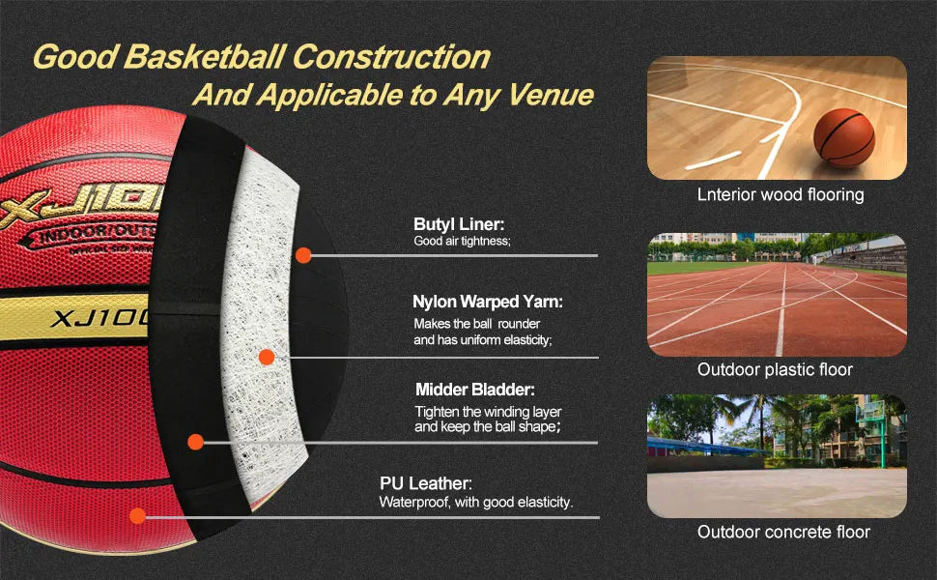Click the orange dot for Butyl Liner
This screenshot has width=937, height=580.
coord(303,255)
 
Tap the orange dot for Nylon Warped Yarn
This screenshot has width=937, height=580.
coord(267,357)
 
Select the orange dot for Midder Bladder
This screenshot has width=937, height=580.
coord(195,443)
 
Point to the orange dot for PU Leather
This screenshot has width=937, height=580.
coord(137,516)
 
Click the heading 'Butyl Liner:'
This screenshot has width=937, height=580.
coord(459,223)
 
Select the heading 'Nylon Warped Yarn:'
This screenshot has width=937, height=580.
coord(488,302)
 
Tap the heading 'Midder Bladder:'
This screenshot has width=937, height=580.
coord(475,390)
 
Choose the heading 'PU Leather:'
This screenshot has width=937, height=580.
coord(426,483)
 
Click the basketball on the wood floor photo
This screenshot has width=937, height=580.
coord(843,137)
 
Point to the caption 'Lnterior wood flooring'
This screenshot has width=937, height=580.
coord(781,195)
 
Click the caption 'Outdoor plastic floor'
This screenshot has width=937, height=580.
coord(776,369)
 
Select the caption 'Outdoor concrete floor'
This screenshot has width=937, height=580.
coord(783,532)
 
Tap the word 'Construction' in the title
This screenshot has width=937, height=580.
coord(391,56)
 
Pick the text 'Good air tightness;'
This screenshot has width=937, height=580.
coord(462,241)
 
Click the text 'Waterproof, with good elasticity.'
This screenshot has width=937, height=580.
coord(476,502)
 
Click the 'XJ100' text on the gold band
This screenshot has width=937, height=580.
coord(97,317)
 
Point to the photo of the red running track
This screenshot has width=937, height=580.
coord(777,295)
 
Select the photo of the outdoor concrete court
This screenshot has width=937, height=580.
coord(777,456)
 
